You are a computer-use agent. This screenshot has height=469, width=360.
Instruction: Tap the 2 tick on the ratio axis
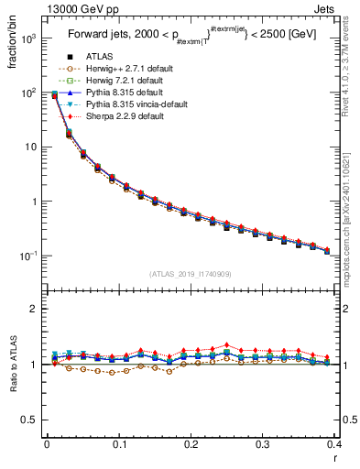tap(37, 309)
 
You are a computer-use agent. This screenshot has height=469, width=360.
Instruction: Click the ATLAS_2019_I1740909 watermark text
tap(190, 274)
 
